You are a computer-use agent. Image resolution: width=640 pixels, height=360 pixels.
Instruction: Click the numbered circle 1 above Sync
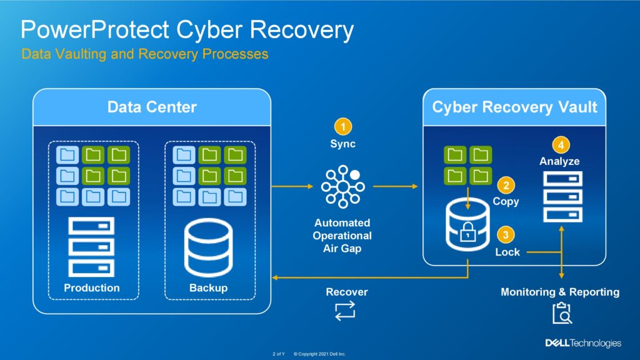click(x=343, y=127)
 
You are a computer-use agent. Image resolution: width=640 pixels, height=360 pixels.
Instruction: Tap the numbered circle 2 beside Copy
click(x=506, y=186)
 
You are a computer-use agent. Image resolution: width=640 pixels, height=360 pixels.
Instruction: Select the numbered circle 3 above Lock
click(x=506, y=235)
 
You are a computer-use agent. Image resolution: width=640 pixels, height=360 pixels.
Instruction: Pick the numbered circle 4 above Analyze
click(x=561, y=145)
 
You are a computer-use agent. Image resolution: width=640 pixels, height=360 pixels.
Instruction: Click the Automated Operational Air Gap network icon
click(x=343, y=186)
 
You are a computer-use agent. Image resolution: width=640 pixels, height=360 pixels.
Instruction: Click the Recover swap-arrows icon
click(x=345, y=311)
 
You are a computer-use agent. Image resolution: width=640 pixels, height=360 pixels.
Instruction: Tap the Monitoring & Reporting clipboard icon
click(x=562, y=313)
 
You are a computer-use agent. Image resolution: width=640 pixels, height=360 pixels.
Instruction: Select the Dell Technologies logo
click(x=583, y=343)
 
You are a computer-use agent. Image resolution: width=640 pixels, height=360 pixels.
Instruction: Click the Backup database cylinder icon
click(x=209, y=247)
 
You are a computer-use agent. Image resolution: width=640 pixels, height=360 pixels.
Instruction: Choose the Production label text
click(x=92, y=287)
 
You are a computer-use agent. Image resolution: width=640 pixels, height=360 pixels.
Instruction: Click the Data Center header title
click(x=152, y=107)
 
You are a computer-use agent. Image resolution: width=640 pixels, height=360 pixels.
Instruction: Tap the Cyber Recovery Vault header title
click(x=514, y=107)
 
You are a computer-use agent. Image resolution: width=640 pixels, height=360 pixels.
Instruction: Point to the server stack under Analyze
click(x=563, y=197)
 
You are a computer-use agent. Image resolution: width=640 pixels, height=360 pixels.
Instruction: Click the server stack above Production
click(x=91, y=247)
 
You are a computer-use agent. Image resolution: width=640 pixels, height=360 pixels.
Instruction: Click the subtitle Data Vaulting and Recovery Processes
click(x=145, y=54)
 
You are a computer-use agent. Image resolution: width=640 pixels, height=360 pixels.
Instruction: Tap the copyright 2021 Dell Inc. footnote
click(x=319, y=354)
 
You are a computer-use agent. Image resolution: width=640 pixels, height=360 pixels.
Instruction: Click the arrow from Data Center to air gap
click(x=292, y=186)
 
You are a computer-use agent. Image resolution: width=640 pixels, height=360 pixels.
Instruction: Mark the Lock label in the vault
click(x=507, y=252)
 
